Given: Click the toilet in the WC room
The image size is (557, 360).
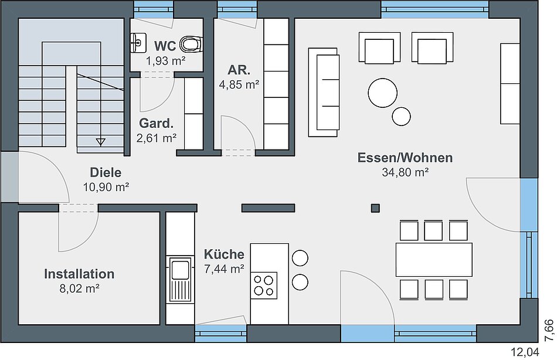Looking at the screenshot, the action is (191, 45).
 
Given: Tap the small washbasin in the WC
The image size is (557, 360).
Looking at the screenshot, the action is (138, 43).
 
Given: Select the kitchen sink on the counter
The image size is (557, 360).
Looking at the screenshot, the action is (181, 279).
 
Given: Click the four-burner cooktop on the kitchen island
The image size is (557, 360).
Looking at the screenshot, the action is (264, 286).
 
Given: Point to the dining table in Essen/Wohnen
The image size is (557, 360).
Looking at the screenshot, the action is (434, 259).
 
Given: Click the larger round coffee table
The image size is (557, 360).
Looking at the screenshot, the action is (383, 93).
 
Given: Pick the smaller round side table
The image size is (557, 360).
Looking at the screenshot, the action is (402, 116).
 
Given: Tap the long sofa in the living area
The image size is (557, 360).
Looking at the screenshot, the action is (324, 93).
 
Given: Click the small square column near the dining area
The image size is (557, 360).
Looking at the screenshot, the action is (375, 208).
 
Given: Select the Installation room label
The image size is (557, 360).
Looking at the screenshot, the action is (79, 274).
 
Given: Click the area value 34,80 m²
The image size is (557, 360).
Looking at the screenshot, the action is (405, 172).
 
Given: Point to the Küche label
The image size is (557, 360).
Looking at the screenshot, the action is (224, 254).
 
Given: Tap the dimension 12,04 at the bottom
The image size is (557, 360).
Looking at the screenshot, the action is (525, 352).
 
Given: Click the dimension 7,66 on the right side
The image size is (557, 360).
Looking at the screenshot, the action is (549, 331).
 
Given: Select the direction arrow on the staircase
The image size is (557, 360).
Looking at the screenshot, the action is (100, 142).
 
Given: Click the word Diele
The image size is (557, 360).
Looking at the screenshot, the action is (106, 172).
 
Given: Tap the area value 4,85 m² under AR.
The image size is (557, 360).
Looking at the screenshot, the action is (239, 84).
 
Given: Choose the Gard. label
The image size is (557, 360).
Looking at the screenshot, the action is (157, 123).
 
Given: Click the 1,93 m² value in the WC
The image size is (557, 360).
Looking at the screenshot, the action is (165, 61).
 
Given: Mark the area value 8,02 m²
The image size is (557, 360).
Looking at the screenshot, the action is (79, 288).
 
